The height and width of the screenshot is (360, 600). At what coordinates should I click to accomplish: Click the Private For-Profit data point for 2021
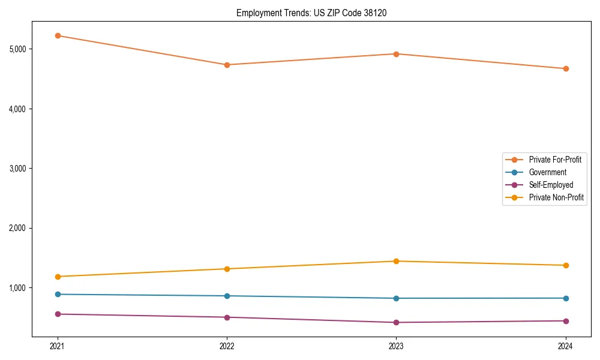[58, 36]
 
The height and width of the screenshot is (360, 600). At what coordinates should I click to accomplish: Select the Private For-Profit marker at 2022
[227, 65]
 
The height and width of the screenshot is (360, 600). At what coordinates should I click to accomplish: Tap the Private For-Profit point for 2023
[396, 54]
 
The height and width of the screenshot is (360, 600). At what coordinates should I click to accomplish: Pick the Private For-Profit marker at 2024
[565, 68]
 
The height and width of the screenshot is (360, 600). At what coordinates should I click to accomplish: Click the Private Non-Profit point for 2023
[396, 261]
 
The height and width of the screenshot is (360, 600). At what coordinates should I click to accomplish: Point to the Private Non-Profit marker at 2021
[58, 277]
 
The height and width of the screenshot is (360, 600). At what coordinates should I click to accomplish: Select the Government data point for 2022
[227, 296]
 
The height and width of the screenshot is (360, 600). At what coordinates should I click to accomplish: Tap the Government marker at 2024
[565, 298]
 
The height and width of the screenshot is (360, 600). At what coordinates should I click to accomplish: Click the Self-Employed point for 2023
[396, 322]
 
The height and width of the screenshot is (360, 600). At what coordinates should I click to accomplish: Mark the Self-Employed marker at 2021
[58, 314]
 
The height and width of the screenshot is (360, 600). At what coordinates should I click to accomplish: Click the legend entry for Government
[547, 172]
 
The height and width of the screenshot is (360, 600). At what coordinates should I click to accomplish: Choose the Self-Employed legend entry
[551, 185]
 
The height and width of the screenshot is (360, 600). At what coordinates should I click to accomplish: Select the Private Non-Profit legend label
[556, 197]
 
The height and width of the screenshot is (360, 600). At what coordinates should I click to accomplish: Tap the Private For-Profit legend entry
[555, 160]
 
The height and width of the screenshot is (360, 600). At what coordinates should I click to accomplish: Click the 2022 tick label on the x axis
[227, 346]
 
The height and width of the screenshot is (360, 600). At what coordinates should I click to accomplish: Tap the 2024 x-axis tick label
[565, 346]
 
